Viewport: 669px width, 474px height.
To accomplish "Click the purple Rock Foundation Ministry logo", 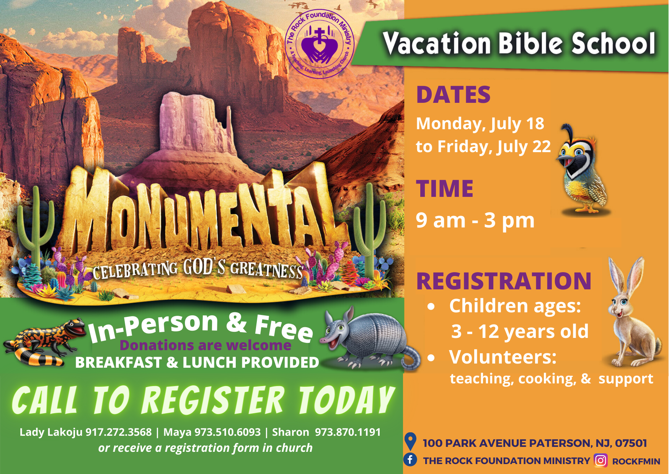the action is tap(320, 44).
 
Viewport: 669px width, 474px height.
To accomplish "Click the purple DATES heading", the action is tap(453, 95).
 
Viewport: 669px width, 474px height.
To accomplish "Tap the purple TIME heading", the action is tap(445, 188).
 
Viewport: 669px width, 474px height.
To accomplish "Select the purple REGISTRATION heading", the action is tap(504, 281).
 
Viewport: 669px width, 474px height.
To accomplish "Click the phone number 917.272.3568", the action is tap(119, 432).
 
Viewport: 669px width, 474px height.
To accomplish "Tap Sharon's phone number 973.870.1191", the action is tap(348, 432).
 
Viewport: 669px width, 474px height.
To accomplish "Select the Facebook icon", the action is tap(410, 459).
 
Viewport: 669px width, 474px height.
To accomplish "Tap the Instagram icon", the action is tap(600, 461).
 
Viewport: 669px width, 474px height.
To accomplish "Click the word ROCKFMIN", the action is tap(636, 461).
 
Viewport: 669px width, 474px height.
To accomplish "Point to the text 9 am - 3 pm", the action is tap(475, 221).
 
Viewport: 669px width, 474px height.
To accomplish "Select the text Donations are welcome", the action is tap(206, 345).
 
